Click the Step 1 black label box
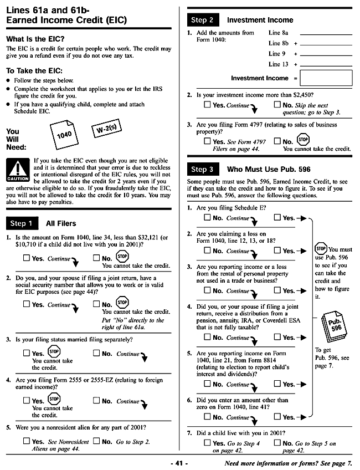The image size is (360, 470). pos(22,223)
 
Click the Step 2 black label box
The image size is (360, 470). pos(202,20)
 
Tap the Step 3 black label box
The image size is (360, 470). pos(202,169)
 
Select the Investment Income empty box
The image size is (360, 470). pos(326,78)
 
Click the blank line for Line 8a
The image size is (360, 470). pos(326,33)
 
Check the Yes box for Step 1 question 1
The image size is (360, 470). pos(27,258)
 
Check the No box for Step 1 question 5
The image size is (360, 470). pos(96,441)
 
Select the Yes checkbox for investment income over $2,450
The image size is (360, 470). pos(207,105)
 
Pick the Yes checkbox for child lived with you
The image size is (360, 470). pos(207,443)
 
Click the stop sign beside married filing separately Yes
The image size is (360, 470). pos(54,351)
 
